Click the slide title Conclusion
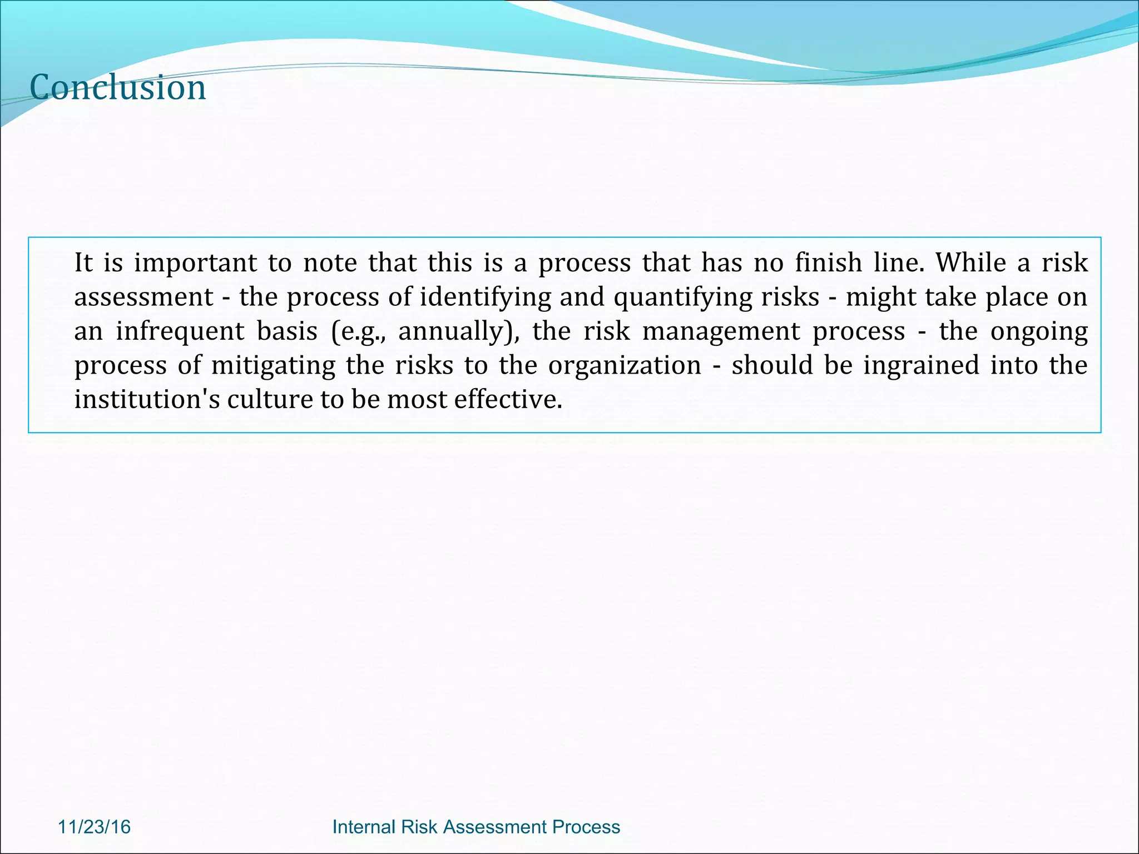click(x=117, y=88)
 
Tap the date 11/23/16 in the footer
click(x=94, y=827)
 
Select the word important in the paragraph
click(x=195, y=263)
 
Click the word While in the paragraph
click(x=970, y=263)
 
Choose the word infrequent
click(x=180, y=331)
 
